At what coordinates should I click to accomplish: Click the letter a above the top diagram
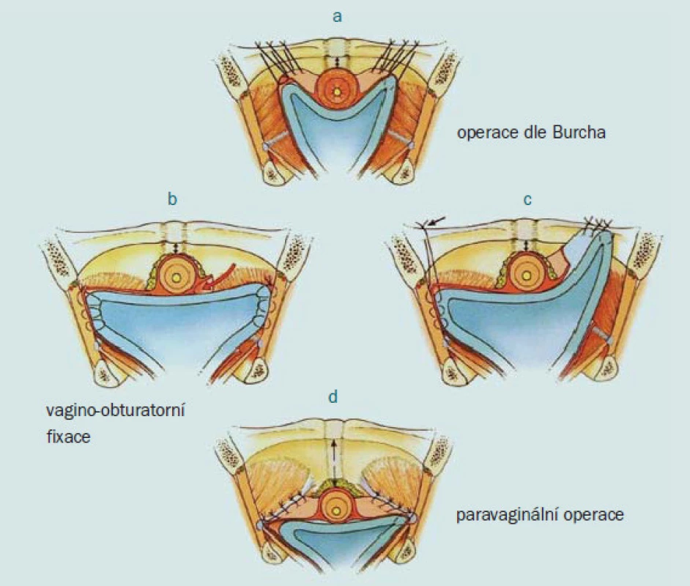click(x=337, y=17)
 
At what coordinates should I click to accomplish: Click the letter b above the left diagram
click(x=173, y=199)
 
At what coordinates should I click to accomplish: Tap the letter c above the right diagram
click(x=527, y=200)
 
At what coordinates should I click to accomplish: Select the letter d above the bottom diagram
click(x=333, y=396)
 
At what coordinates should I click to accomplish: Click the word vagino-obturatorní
click(x=116, y=410)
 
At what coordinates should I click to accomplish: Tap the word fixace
click(x=68, y=437)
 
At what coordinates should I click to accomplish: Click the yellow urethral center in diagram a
click(x=337, y=92)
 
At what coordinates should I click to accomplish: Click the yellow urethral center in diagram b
click(x=177, y=277)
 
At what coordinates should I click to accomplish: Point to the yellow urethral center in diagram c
click(x=526, y=276)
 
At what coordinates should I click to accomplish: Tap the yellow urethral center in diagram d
click(x=337, y=511)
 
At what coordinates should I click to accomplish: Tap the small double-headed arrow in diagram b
click(x=176, y=248)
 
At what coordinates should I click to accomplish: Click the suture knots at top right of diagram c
click(x=598, y=225)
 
